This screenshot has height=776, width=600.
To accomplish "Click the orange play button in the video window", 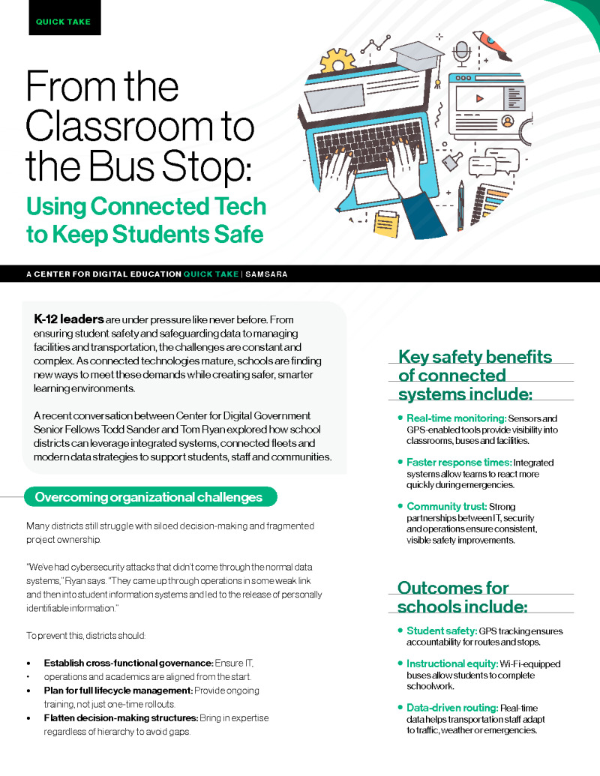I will click(x=481, y=97).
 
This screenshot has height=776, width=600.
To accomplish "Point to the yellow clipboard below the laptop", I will click(x=388, y=223).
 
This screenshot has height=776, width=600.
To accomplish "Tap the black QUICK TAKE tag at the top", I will click(x=63, y=22).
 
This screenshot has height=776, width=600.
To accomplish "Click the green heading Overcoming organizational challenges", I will click(x=148, y=496).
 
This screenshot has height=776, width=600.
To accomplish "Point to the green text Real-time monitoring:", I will click(x=456, y=418).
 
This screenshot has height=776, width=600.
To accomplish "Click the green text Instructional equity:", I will click(x=452, y=664).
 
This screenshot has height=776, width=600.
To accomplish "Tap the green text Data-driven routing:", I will click(x=452, y=708).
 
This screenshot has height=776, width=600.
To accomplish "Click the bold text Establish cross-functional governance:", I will click(x=128, y=663).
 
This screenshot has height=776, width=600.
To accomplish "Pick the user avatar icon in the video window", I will click(x=507, y=119).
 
